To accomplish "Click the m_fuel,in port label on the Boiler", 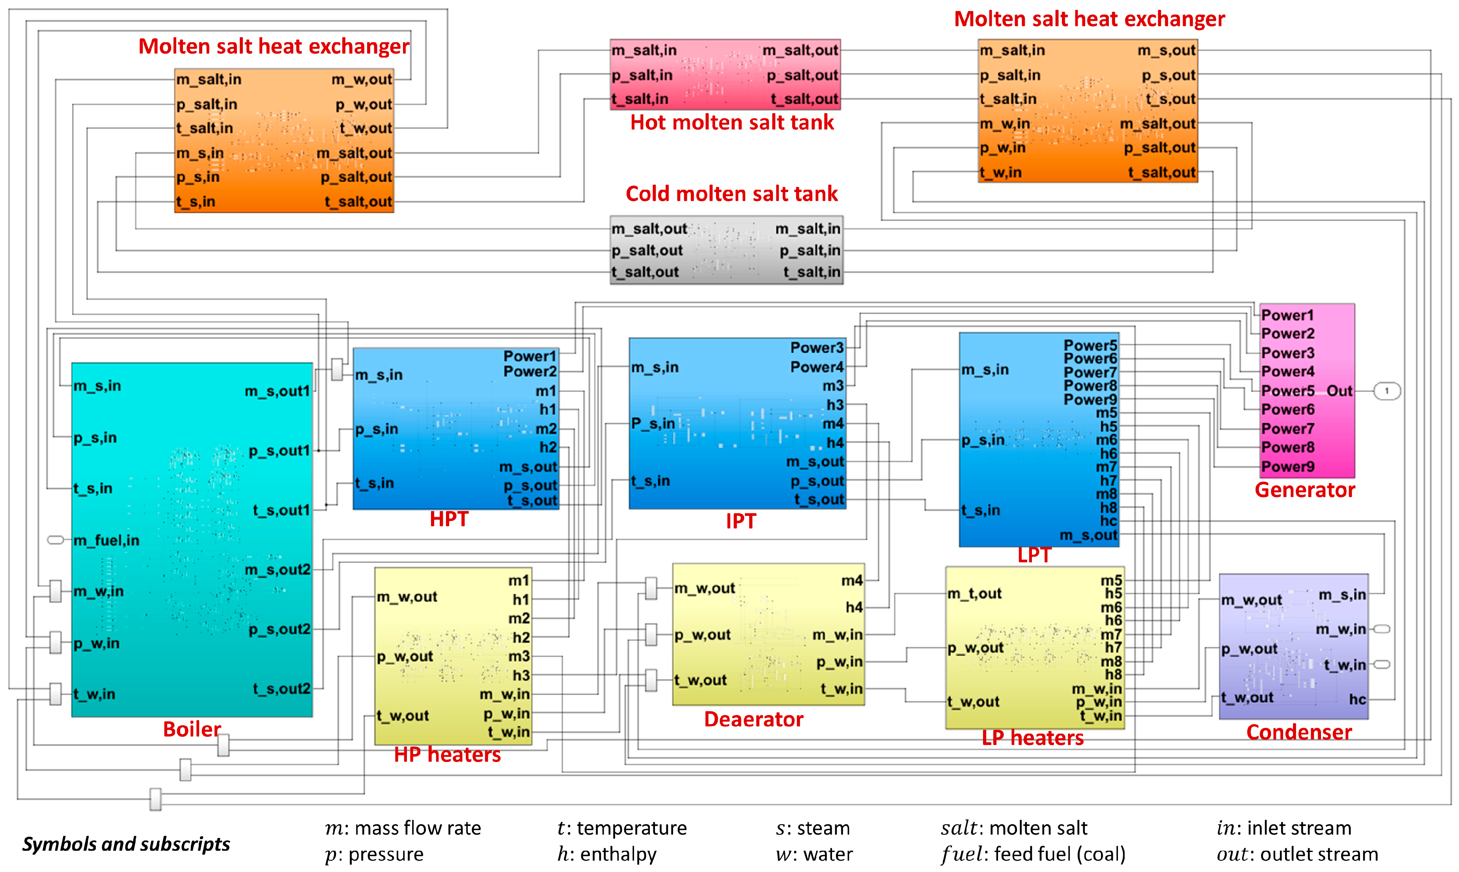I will tap(106, 540).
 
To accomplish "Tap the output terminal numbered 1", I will tap(1387, 391).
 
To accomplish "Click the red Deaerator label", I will tap(754, 719).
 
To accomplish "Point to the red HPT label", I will tap(449, 519).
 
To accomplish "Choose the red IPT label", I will tap(741, 521).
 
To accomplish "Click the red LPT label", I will tap(1034, 555).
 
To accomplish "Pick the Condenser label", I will tap(1299, 732).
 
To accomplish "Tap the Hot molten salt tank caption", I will tap(732, 122).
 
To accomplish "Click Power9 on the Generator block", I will tap(1288, 467).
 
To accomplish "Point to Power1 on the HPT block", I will tap(529, 356).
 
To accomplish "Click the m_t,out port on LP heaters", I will tap(974, 594).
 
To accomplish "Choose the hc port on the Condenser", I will tap(1357, 699).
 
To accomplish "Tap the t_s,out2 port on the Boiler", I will tap(281, 689).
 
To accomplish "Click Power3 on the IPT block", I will tap(816, 347).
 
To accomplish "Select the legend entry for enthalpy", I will tap(607, 854).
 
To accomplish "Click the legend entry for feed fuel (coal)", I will tap(1033, 854).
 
